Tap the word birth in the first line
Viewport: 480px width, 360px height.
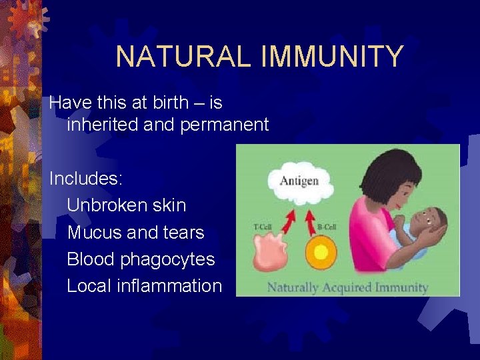(167, 103)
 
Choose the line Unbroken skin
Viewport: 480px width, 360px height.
(127, 205)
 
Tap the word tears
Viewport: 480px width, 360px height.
(182, 232)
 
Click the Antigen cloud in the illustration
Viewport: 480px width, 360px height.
(299, 181)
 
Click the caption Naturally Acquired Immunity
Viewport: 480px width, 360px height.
(347, 287)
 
